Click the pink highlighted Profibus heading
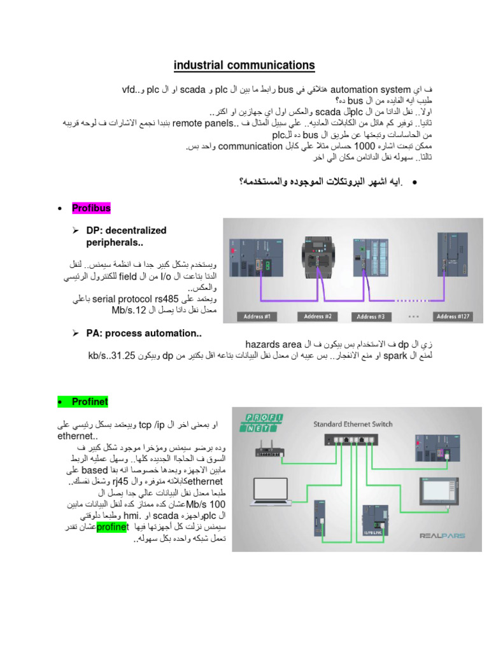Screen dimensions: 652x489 [x=91, y=208]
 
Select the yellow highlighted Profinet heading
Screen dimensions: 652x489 [x=90, y=402]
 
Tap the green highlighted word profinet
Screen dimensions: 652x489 [x=112, y=527]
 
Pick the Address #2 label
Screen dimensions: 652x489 [x=319, y=316]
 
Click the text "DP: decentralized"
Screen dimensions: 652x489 [x=126, y=230]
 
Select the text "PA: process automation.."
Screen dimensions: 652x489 [x=144, y=333]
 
